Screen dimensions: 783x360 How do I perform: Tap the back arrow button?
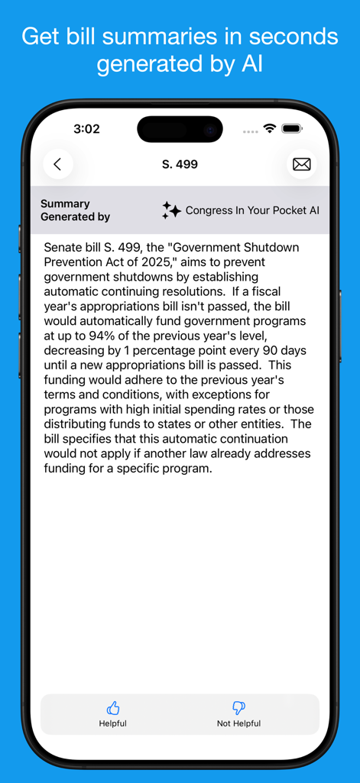57,164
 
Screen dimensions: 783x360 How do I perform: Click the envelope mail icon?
302,164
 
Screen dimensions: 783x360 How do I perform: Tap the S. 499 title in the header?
180,164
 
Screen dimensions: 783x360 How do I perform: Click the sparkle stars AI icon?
171,210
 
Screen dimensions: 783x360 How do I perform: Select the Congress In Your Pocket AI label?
252,210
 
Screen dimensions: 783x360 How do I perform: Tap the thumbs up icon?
113,708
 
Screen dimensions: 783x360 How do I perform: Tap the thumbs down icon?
238,708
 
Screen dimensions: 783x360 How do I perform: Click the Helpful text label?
113,723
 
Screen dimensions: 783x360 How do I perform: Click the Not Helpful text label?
238,723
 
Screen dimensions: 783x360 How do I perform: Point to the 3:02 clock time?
86,129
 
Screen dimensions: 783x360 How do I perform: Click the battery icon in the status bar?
292,128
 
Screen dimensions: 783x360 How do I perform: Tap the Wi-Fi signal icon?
269,128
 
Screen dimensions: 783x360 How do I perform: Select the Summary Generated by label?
75,210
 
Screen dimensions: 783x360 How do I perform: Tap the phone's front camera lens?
209,129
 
